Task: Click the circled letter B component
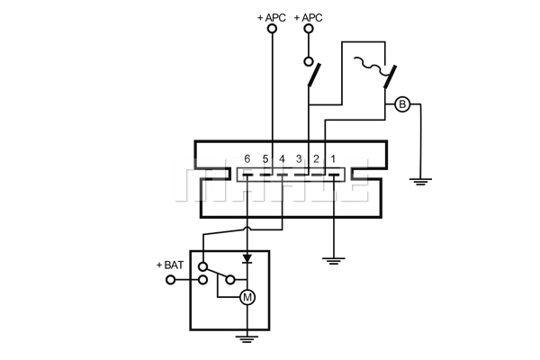click(x=402, y=104)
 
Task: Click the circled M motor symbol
click(x=247, y=297)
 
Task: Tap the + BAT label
click(x=170, y=265)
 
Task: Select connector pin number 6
click(x=247, y=158)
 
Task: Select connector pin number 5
click(x=265, y=158)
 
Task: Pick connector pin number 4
click(x=282, y=158)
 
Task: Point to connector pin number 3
click(x=299, y=158)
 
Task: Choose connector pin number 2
click(x=316, y=158)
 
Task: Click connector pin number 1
click(x=333, y=158)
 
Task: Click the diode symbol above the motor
click(x=247, y=258)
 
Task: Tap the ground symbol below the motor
click(x=247, y=339)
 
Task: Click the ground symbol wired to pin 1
click(x=333, y=261)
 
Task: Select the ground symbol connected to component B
click(x=420, y=182)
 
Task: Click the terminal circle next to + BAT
click(x=170, y=280)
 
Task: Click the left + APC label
click(x=272, y=18)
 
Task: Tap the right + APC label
click(x=308, y=18)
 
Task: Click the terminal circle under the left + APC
click(x=272, y=29)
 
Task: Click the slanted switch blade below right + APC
click(x=314, y=75)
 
